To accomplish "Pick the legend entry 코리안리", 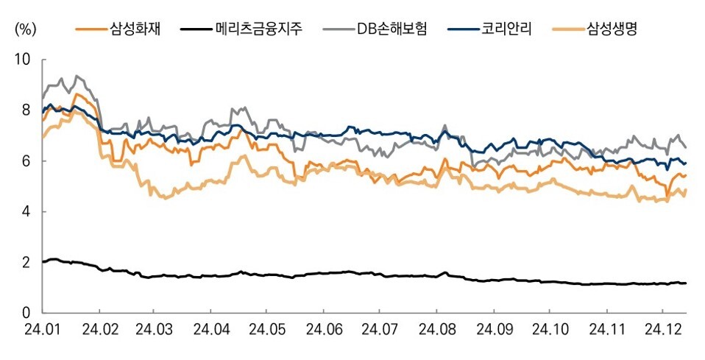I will pos(508,29).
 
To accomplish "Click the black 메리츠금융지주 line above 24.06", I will pos(322,273).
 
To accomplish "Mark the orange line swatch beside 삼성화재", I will pos(91,29).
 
